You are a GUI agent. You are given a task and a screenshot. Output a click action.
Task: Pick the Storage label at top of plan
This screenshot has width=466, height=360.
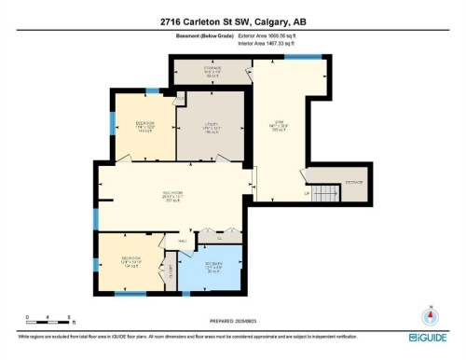(x=212, y=71)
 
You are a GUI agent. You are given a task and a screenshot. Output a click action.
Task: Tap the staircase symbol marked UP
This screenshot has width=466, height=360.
(x=322, y=194)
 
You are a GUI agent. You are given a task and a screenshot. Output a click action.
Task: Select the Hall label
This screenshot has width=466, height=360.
(x=183, y=241)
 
